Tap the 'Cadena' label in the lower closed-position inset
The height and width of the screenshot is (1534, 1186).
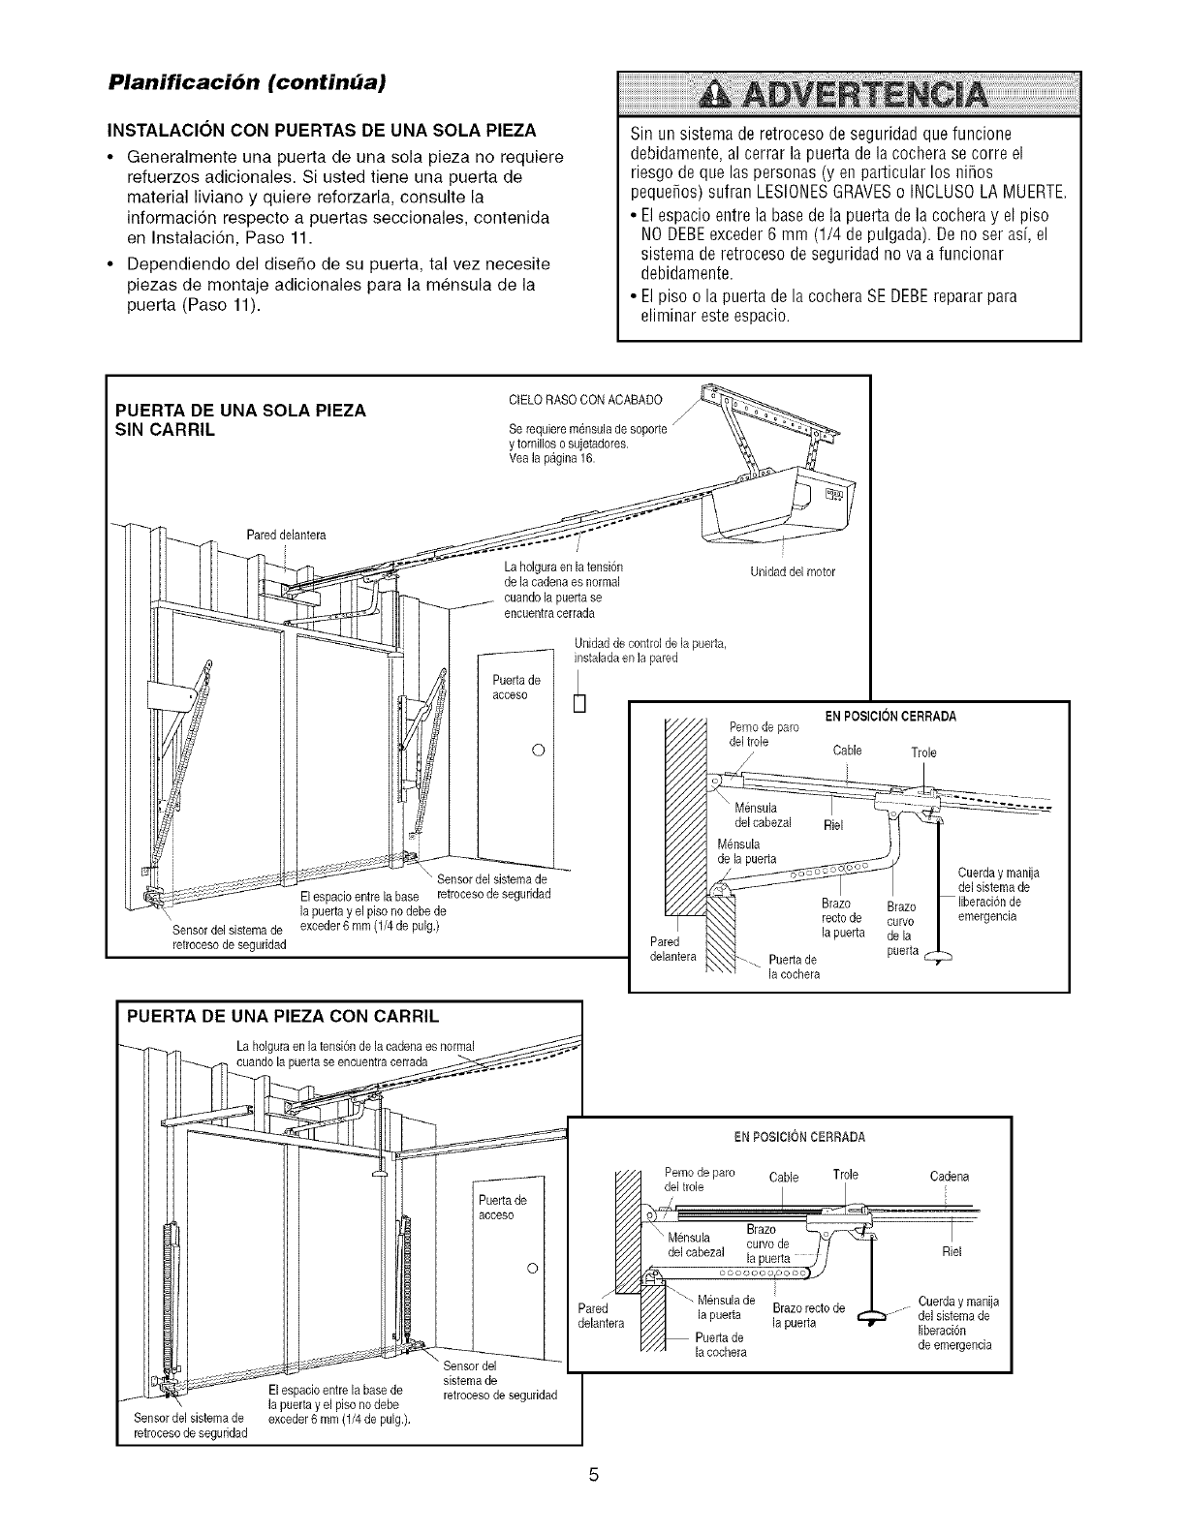pos(949,1177)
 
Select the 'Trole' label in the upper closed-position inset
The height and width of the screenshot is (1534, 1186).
pos(924,752)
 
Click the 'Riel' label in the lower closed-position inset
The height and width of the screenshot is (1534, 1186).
pos(951,1252)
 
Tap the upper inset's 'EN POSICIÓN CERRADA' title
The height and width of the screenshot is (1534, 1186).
pos(890,717)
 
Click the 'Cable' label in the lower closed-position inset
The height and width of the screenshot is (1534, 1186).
pos(783,1178)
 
